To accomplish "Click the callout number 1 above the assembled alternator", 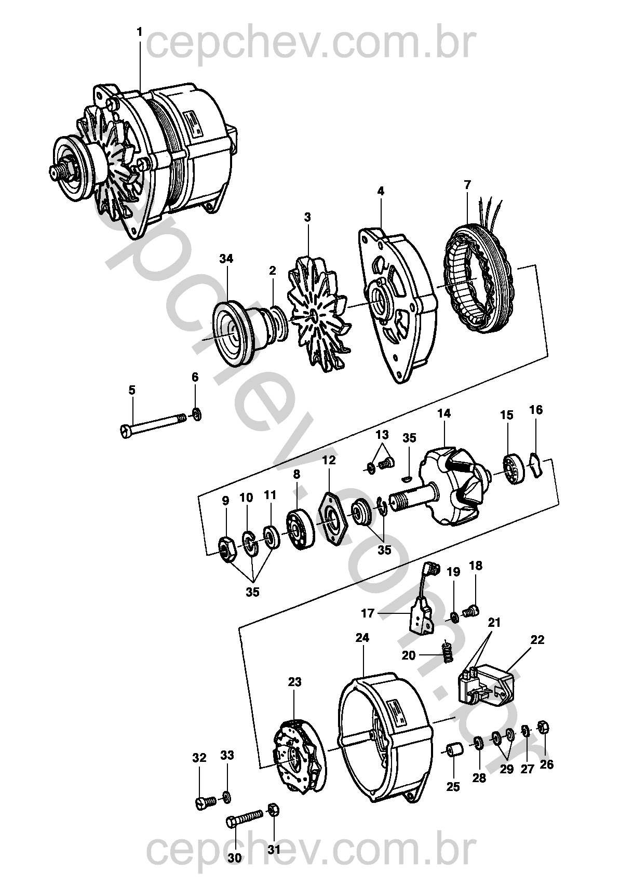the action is coord(139,31).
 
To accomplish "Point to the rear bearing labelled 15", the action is coord(515,471).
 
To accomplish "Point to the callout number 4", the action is coord(381,192).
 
